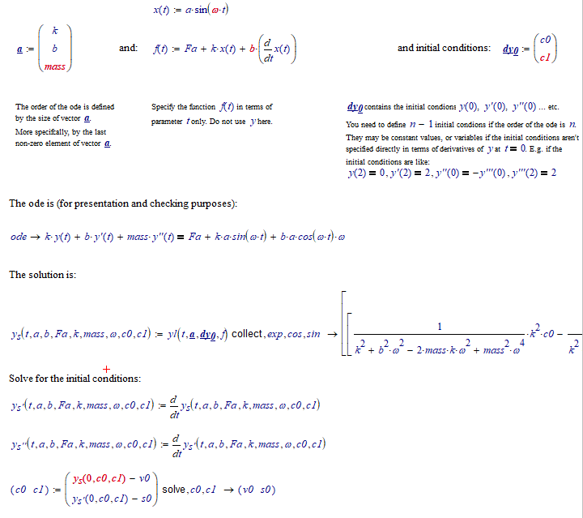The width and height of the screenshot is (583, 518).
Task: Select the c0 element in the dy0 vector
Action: pyautogui.click(x=548, y=40)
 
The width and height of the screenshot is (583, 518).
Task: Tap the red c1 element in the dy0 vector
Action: pyautogui.click(x=548, y=58)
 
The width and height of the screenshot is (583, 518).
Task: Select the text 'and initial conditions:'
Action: pyautogui.click(x=444, y=48)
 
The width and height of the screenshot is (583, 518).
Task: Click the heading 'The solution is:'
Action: pyautogui.click(x=43, y=275)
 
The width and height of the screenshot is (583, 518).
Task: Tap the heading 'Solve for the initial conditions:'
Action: pyautogui.click(x=74, y=379)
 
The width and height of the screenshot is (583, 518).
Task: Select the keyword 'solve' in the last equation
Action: pyautogui.click(x=174, y=490)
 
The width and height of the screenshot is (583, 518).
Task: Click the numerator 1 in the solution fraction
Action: pyautogui.click(x=438, y=327)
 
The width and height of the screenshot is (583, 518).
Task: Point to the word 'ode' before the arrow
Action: pyautogui.click(x=19, y=237)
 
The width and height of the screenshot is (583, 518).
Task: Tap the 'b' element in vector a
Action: pyautogui.click(x=54, y=49)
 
